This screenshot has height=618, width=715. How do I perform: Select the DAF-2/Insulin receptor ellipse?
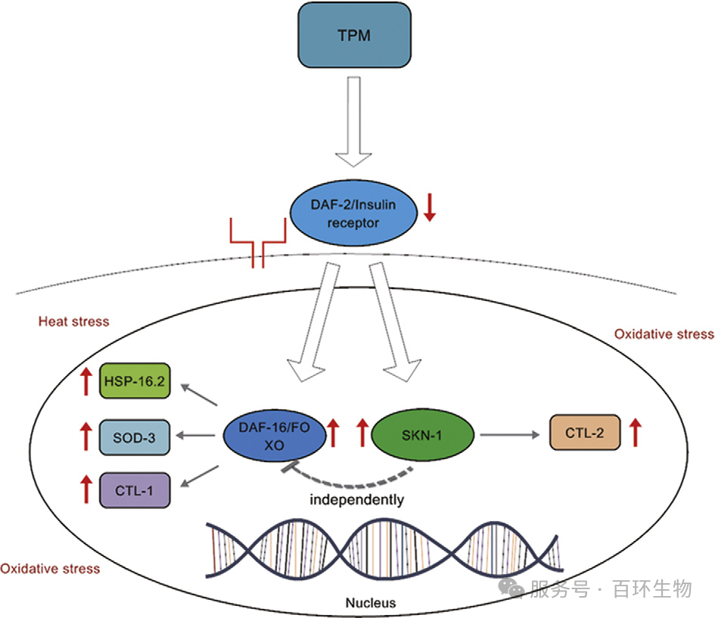pyautogui.click(x=353, y=216)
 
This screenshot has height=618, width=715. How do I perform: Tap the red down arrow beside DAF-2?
pyautogui.click(x=430, y=207)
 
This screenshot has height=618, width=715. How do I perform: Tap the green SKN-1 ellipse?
pyautogui.click(x=423, y=435)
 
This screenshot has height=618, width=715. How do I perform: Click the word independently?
pyautogui.click(x=356, y=499)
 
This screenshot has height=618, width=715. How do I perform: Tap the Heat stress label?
pyautogui.click(x=73, y=321)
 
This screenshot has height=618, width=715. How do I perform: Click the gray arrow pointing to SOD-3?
pyautogui.click(x=197, y=436)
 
